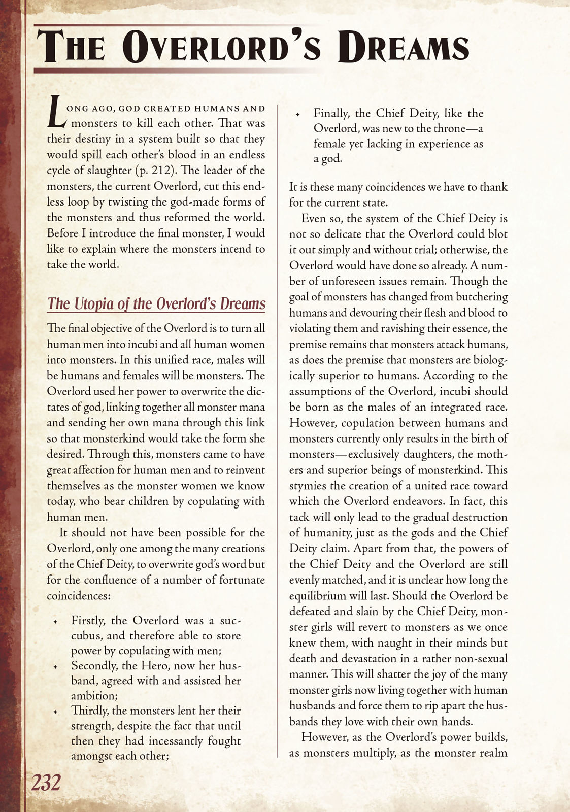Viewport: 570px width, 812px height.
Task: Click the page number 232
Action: pyautogui.click(x=46, y=783)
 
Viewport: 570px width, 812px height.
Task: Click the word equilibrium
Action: pyautogui.click(x=318, y=595)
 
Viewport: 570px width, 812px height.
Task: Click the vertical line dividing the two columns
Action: pyautogui.click(x=277, y=431)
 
